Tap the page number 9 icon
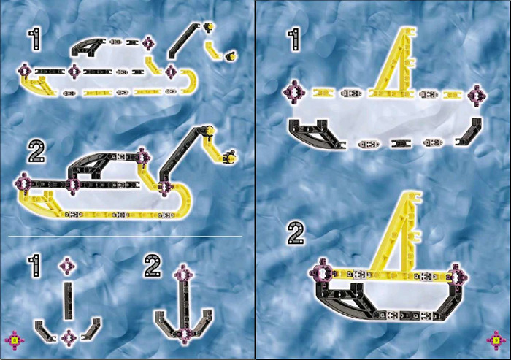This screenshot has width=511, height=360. point(496,340)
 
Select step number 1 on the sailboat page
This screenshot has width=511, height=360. point(294,39)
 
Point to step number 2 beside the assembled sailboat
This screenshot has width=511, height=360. point(296,233)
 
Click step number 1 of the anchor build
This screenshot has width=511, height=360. point(35,266)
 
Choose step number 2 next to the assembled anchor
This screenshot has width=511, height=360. point(153,266)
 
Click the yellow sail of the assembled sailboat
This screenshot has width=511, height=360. point(401,235)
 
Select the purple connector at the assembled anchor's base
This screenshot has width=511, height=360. point(184,334)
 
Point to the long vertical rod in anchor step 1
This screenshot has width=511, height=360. point(68,301)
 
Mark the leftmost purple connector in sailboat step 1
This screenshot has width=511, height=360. point(294,93)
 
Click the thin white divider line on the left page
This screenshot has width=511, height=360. point(126,236)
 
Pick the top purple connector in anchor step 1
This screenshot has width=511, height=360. point(67,266)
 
